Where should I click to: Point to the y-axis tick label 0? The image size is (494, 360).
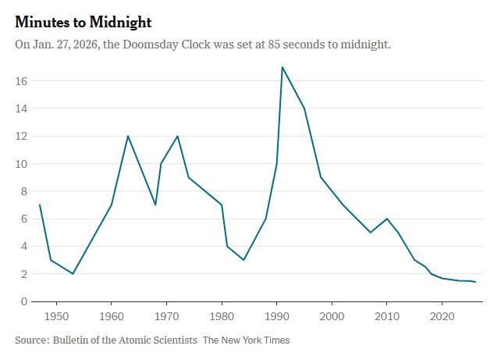tap(25, 301)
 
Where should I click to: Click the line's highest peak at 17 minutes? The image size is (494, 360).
tap(282, 67)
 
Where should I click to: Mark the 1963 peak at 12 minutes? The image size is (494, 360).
tap(128, 136)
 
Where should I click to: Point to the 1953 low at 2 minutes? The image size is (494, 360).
tap(73, 273)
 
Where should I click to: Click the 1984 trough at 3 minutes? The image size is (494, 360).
tap(243, 260)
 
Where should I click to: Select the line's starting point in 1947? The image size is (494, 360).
tap(40, 205)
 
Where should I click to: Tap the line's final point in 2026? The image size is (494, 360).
tap(474, 282)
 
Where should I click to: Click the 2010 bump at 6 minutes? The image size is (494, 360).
tap(387, 219)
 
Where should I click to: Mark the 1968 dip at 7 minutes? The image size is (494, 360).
tap(155, 205)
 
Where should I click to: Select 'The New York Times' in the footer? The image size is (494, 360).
tap(246, 340)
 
